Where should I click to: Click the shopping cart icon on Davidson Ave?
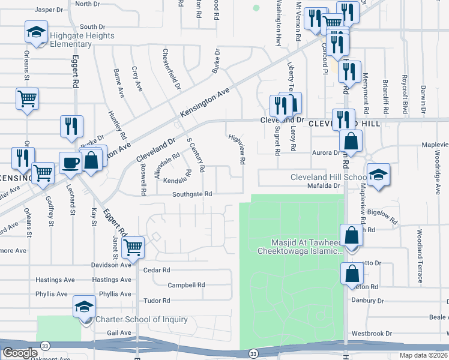click(x=133, y=246)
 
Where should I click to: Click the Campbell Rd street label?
click(x=186, y=285)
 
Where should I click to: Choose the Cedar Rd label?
click(x=157, y=270)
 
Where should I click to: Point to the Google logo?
click(x=20, y=353)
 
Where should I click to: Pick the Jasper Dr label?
click(x=49, y=10)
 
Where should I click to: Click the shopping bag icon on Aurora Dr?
click(x=351, y=142)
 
